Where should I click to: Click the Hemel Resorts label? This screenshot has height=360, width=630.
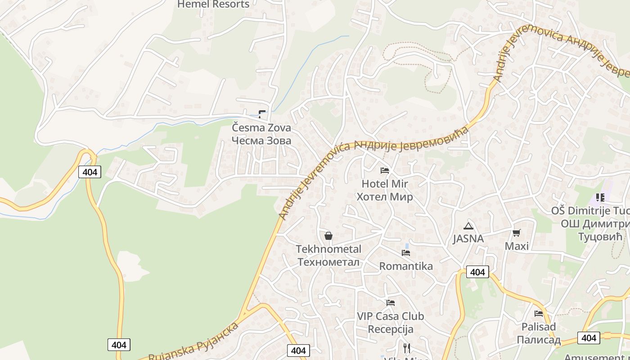click(213, 4)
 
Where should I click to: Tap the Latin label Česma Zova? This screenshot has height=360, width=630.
click(261, 128)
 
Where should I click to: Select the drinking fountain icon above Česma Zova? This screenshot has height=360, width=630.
click(262, 114)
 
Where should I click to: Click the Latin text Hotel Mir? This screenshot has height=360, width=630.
click(385, 184)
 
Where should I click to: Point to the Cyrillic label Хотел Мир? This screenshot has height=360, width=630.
click(385, 197)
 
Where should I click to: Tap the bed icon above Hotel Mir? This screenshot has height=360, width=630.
click(385, 171)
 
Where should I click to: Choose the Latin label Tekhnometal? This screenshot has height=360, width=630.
click(328, 249)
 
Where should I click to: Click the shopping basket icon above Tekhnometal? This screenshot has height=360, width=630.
click(328, 236)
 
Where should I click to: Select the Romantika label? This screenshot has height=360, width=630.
click(406, 266)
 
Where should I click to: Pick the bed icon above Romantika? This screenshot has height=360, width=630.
click(406, 253)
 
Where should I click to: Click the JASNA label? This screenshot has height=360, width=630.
click(468, 238)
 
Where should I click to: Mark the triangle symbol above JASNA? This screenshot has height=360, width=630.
click(468, 226)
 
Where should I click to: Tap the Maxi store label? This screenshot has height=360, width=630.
click(517, 246)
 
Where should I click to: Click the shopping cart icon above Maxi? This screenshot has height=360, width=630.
click(517, 233)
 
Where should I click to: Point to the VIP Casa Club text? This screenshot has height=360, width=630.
click(391, 316)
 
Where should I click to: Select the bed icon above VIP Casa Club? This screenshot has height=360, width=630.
click(391, 303)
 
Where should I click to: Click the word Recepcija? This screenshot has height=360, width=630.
click(391, 329)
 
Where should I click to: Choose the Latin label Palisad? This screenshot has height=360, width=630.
click(539, 327)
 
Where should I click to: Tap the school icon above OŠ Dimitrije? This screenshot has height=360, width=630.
click(600, 198)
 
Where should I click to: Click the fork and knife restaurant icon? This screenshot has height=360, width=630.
click(407, 348)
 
